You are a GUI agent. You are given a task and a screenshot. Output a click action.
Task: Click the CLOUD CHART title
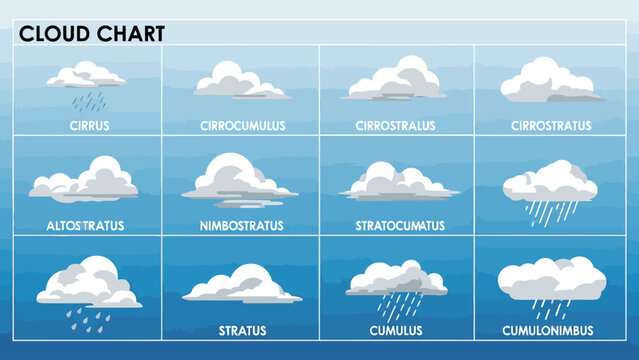click(92, 33)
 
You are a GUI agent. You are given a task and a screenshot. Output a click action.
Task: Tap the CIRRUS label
click(90, 126)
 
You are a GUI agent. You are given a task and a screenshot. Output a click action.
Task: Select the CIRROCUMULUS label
click(241, 126)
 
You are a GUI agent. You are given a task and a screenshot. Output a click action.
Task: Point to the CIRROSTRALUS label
click(397, 126)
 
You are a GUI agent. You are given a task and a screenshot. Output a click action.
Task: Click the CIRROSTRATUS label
click(551, 126)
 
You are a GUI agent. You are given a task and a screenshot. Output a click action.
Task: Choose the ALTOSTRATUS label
click(84, 225)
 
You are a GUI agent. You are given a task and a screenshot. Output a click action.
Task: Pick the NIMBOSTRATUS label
click(240, 225)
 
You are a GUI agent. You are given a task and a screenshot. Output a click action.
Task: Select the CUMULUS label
click(396, 329)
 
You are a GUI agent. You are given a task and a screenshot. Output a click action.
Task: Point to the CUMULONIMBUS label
click(550, 329)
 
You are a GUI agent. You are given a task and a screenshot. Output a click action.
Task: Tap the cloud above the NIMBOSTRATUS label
click(238, 180)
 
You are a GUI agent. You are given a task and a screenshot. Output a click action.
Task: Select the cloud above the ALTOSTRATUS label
click(84, 181)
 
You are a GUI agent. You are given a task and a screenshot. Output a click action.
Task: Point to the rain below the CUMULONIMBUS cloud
click(549, 308)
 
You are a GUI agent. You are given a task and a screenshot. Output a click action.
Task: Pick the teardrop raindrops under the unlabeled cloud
click(88, 313)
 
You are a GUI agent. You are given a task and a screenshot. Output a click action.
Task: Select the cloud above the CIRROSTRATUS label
click(550, 81)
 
